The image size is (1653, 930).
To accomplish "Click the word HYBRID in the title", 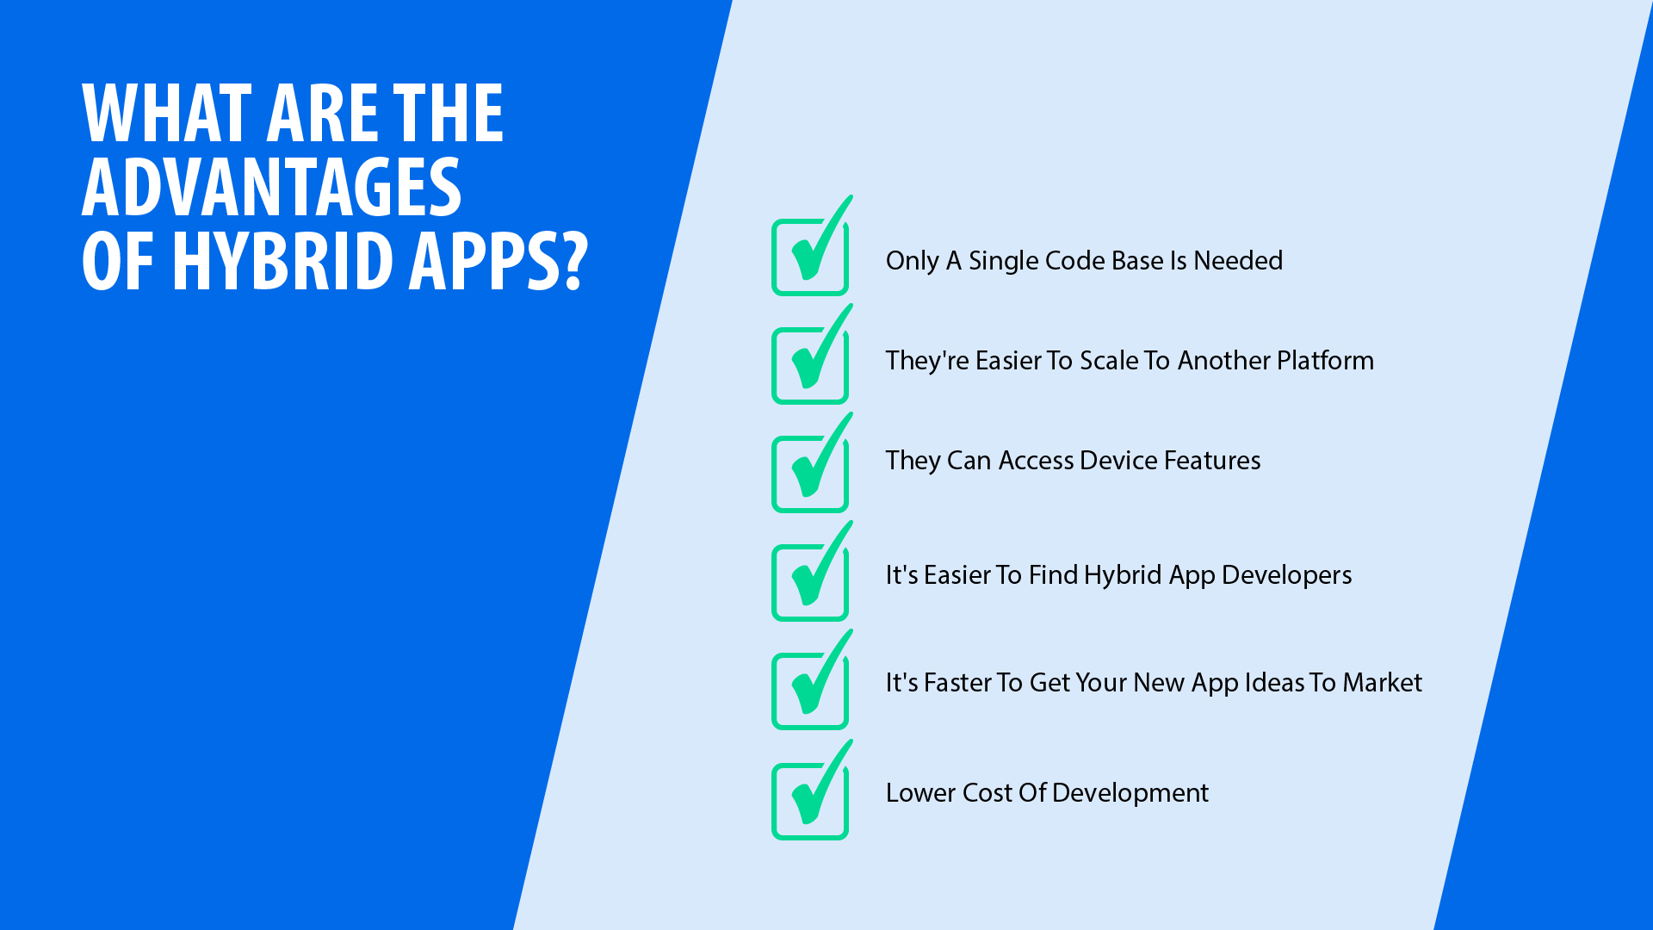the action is pyautogui.click(x=283, y=260).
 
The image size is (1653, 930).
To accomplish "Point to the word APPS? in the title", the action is pyautogui.click(x=498, y=260).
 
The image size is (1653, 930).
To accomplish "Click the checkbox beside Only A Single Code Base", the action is pyautogui.click(x=810, y=257).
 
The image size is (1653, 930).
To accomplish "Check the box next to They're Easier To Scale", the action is pyautogui.click(x=810, y=366).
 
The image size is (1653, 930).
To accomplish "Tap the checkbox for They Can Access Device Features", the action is pyautogui.click(x=810, y=474).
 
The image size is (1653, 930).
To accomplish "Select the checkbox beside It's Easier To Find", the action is pyautogui.click(x=810, y=583).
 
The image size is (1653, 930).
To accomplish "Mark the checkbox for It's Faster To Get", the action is pyautogui.click(x=810, y=691).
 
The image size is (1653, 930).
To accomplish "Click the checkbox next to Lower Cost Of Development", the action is pyautogui.click(x=810, y=802).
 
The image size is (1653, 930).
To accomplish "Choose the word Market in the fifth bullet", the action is pyautogui.click(x=1383, y=682).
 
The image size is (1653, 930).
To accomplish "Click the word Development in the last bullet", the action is pyautogui.click(x=1130, y=793).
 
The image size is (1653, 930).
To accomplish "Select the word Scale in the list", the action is pyautogui.click(x=1109, y=360).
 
